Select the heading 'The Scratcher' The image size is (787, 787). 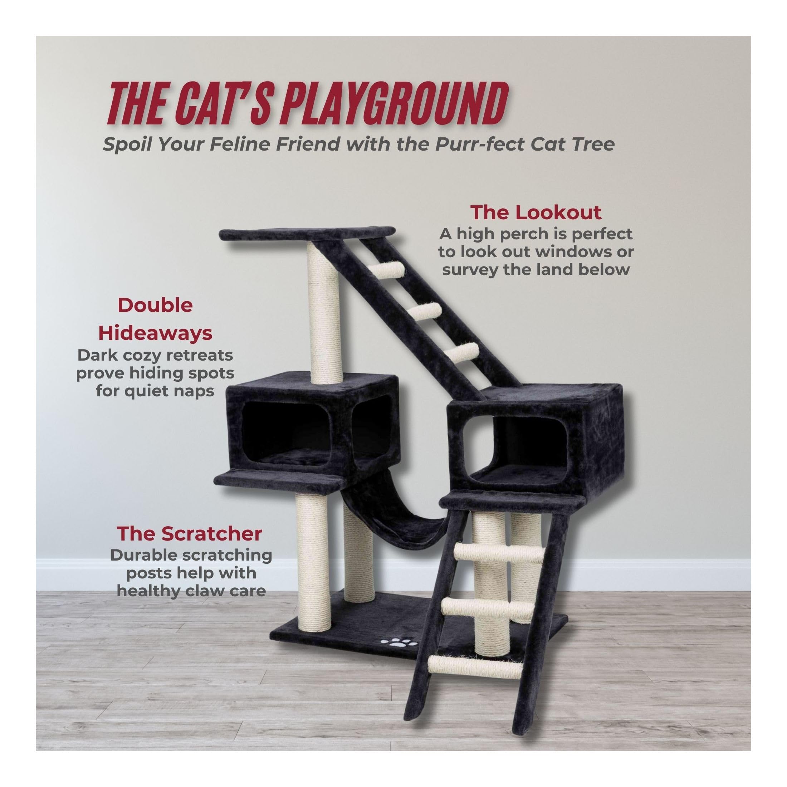pos(190,534)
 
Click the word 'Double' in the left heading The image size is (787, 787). pos(155,305)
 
